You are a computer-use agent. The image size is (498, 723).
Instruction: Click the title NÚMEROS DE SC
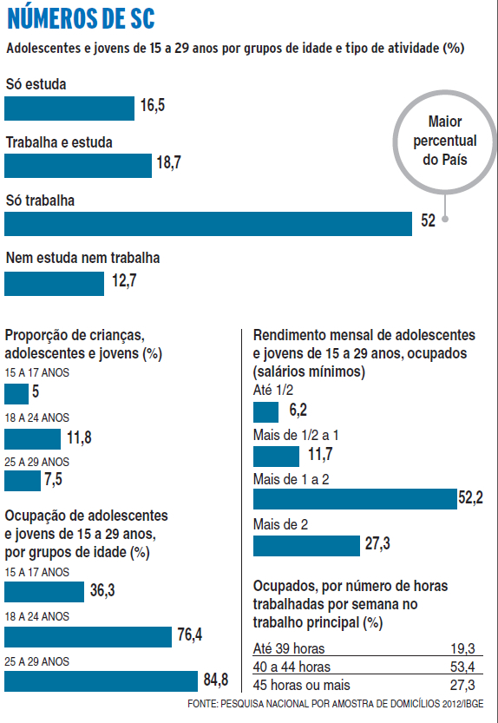coord(81,18)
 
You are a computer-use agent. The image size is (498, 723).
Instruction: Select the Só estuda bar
coord(69,108)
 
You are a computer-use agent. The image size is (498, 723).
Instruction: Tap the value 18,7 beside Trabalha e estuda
coord(169,162)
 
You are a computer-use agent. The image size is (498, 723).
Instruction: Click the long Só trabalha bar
coord(208,224)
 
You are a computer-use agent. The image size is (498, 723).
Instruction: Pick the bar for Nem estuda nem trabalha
coord(55,284)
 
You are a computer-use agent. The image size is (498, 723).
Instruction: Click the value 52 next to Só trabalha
coord(428,220)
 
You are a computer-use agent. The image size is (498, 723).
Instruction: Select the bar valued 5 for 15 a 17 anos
coord(16,394)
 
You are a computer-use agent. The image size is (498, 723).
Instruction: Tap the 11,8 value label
coord(79,437)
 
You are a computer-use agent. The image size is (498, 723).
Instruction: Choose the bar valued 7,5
coord(23,481)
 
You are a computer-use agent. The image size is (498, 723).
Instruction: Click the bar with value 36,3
coord(44,592)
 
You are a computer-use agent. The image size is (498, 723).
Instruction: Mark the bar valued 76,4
coord(88,637)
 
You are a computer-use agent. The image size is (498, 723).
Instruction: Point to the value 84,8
coord(216,680)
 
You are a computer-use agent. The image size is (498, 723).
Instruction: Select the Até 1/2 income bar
coord(266,412)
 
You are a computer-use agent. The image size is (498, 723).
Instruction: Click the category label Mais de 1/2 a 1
coord(296,435)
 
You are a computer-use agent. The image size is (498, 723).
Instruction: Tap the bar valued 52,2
coord(355,499)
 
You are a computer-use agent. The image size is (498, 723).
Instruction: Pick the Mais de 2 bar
coord(306,545)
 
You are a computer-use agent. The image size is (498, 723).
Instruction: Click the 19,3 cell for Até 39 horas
coord(462,648)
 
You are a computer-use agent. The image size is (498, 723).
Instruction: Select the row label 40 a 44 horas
coord(292,667)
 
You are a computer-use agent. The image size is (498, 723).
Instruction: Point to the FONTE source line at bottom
coord(335,704)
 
